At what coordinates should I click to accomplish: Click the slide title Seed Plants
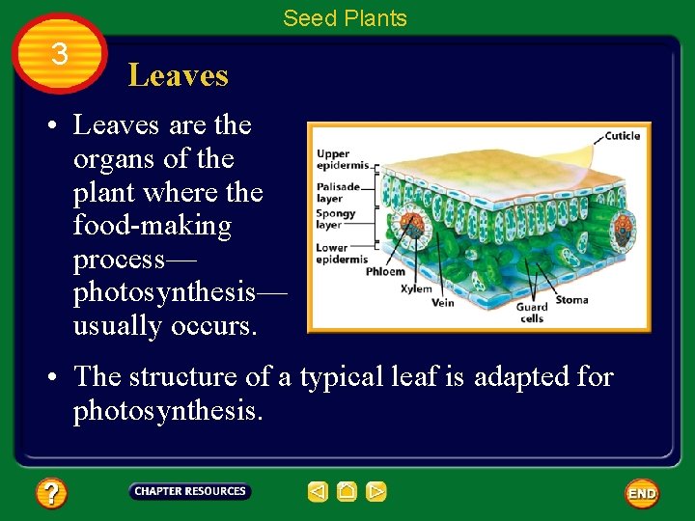[345, 18]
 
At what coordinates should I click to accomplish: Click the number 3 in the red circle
[60, 54]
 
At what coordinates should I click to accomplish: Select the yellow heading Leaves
[178, 75]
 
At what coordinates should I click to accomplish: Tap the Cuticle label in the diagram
[622, 136]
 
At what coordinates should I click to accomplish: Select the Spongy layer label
[336, 219]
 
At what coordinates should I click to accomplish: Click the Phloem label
[385, 272]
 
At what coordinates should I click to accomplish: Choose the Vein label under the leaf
[443, 302]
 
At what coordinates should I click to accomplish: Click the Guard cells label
[531, 313]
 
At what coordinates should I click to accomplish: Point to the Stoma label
[571, 300]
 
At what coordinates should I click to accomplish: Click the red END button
[642, 493]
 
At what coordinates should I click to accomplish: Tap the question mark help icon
[51, 494]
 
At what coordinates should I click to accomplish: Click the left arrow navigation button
[318, 492]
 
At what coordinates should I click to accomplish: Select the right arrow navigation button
[376, 492]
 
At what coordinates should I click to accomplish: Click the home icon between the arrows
[347, 492]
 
